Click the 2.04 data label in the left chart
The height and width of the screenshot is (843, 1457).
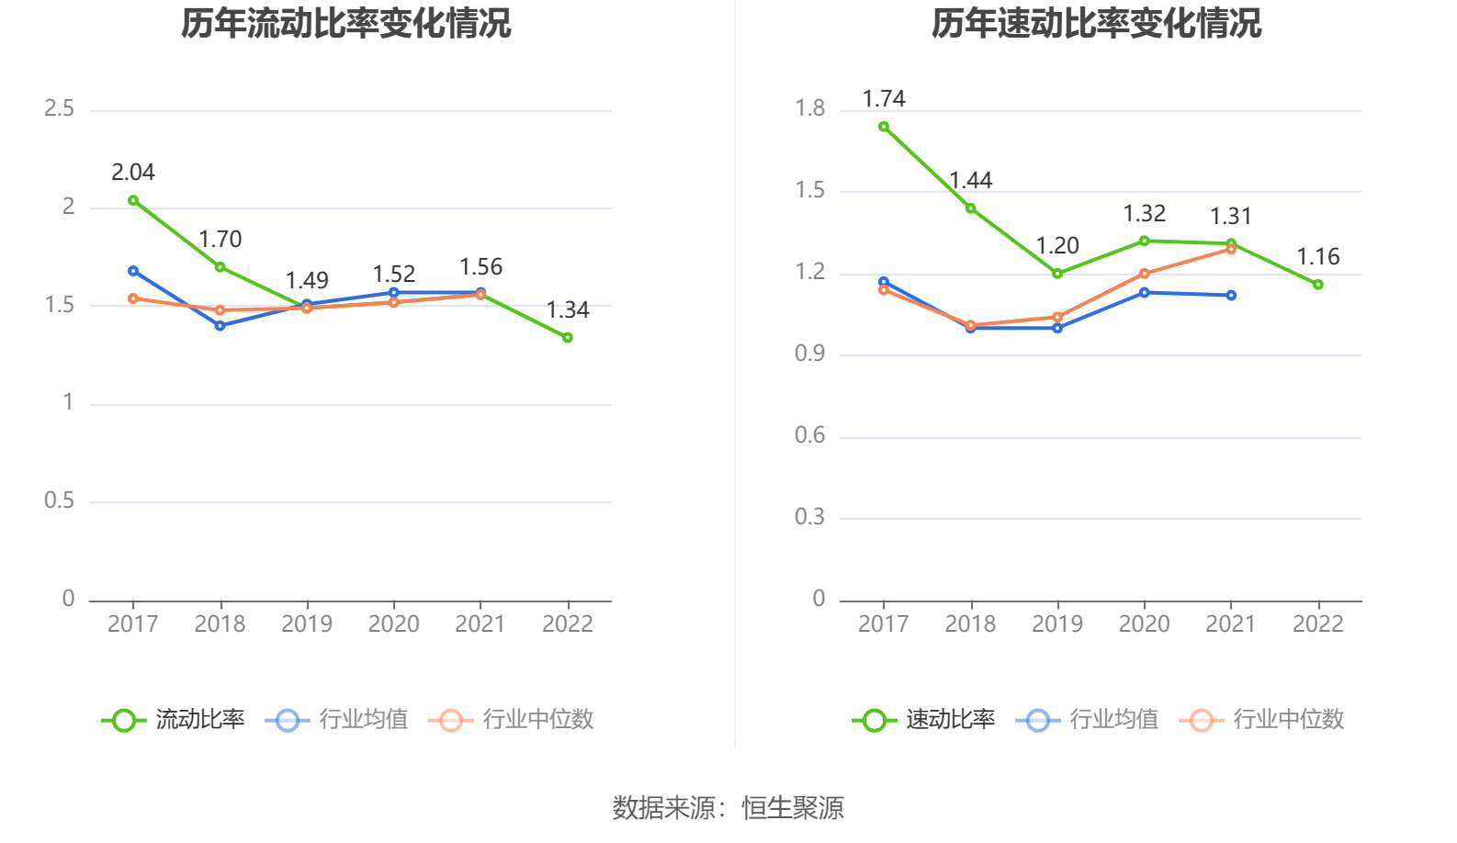[x=133, y=173]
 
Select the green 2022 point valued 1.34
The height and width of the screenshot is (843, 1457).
[x=568, y=338]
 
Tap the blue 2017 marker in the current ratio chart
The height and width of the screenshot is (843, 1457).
[x=133, y=271]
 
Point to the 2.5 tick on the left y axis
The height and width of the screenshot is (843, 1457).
[x=60, y=109]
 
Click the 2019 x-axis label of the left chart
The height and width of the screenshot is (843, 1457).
[x=307, y=624]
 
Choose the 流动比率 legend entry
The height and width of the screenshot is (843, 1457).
[x=175, y=720]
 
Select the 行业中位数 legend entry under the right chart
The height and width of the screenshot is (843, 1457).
[x=1263, y=720]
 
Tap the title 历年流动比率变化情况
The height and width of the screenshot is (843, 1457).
[x=345, y=23]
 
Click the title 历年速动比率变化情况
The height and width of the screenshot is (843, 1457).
[x=1096, y=23]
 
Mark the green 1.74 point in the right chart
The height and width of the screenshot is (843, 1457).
[x=884, y=127]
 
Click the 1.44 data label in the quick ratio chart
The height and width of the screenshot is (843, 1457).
[x=971, y=181]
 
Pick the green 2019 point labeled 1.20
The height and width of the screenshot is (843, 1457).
[x=1057, y=274]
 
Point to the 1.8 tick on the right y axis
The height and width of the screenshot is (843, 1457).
[x=810, y=109]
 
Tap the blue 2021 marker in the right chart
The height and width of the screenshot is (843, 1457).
[x=1231, y=296]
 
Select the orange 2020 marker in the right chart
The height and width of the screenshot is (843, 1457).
[x=1145, y=274]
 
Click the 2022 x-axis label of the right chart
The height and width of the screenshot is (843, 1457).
[x=1318, y=624]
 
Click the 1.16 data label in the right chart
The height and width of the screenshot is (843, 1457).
[x=1318, y=257]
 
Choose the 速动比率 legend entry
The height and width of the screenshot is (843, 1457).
[x=925, y=720]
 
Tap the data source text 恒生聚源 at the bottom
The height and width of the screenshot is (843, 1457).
[x=793, y=808]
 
